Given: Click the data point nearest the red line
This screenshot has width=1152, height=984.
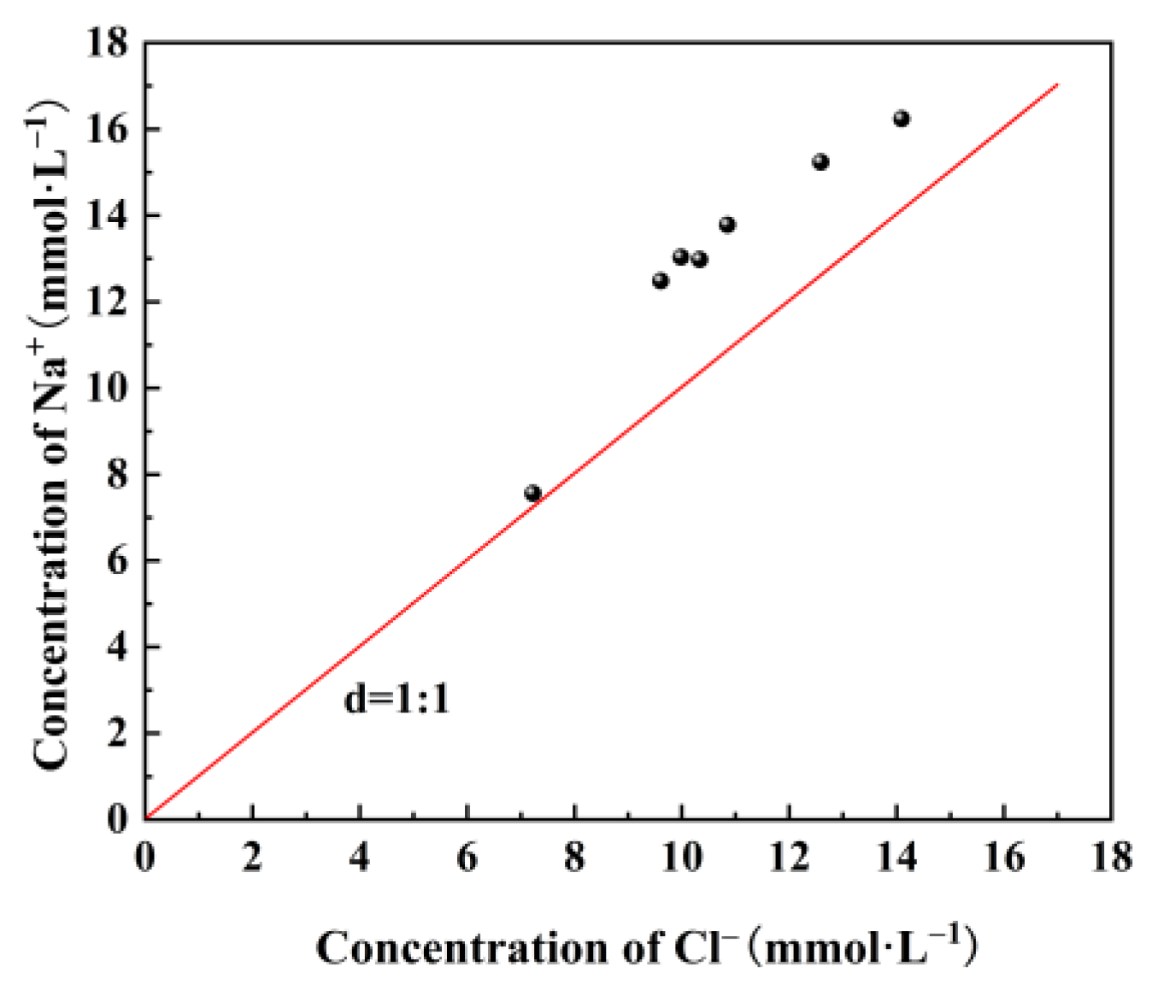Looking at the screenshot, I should pos(532,493).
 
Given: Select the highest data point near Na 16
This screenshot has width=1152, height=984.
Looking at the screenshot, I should pos(901,119).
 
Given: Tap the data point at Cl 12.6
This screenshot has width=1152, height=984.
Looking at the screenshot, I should pos(820,161).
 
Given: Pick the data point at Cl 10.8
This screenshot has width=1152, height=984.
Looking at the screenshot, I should pos(726,225).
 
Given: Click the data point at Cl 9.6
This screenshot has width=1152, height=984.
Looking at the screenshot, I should pos(660,280).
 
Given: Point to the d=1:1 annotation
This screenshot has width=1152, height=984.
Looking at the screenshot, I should pos(397,700).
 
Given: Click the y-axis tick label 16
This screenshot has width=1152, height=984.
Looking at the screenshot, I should pos(107,129).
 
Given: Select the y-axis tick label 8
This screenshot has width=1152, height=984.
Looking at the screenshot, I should pos(118,474).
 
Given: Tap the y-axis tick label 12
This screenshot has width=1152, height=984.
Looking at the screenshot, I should pos(107,302).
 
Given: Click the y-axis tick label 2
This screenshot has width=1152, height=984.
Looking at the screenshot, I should pos(118,733).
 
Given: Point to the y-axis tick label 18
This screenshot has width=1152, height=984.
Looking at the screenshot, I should pos(107,43).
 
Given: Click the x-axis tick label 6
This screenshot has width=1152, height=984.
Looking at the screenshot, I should pos(467,857).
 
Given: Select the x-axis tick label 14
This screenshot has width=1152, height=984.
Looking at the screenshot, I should pos(896,857).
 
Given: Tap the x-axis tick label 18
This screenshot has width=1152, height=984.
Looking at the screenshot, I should pos(1111,857).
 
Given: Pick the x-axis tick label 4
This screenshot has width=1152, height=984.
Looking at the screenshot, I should pos(360,857).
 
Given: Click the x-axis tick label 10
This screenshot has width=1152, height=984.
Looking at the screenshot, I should pos(681,857).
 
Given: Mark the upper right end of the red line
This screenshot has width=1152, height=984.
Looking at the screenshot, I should pos(1058,85).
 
